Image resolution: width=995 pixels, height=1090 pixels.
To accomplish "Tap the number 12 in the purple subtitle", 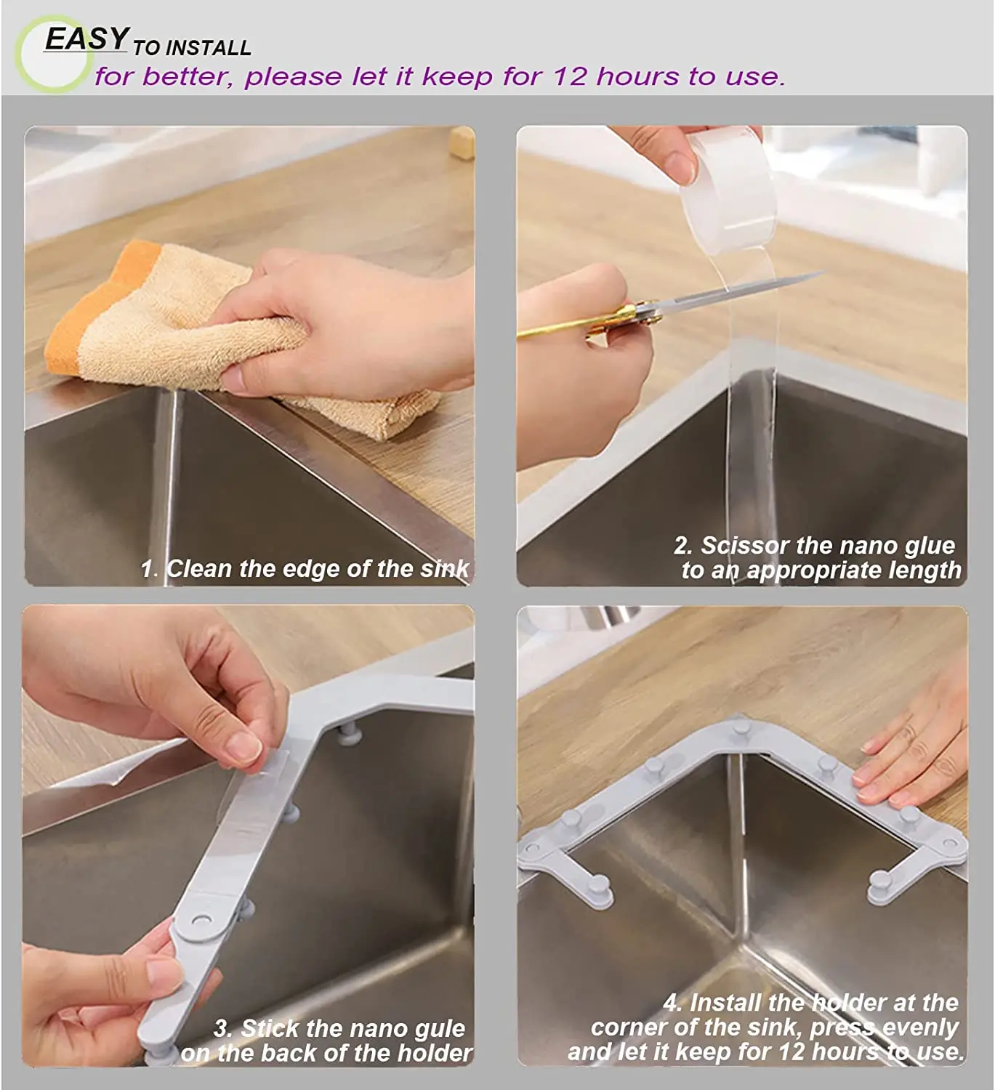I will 569,77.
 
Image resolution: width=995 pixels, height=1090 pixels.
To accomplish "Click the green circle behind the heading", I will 51,54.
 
